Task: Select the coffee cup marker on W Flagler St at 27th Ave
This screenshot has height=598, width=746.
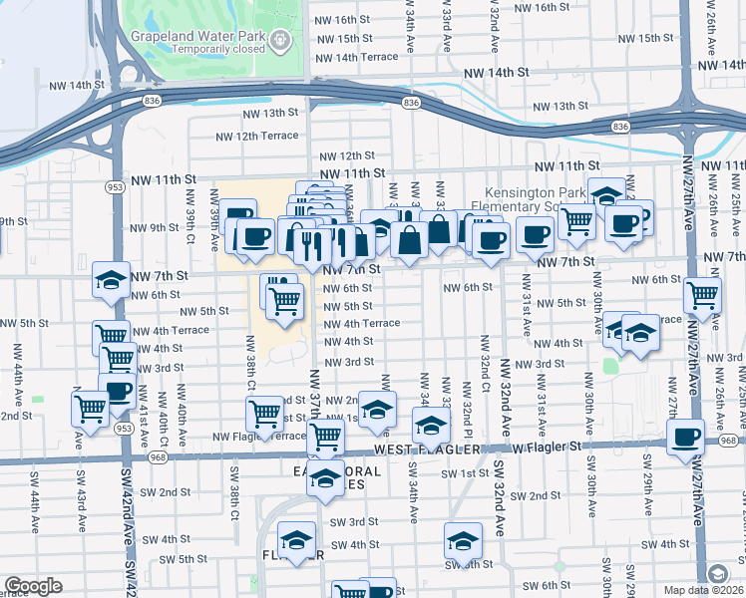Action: click(x=685, y=438)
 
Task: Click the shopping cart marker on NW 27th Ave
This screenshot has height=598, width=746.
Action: click(x=703, y=294)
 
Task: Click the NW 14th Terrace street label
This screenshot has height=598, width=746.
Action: click(x=354, y=57)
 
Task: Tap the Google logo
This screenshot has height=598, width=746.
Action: click(x=33, y=586)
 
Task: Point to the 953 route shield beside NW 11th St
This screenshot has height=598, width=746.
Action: click(x=114, y=186)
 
